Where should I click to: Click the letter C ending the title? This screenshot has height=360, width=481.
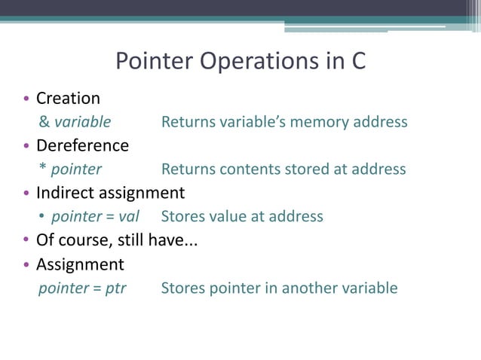358,61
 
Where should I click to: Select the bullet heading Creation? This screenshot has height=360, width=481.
68,99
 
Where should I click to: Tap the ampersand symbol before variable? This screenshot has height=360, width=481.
44,122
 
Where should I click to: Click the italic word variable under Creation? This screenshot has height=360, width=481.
82,122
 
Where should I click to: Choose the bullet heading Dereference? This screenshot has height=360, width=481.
82,145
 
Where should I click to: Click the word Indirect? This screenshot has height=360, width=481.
65,192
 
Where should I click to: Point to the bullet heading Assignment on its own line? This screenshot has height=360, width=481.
80,264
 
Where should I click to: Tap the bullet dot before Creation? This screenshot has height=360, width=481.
26,99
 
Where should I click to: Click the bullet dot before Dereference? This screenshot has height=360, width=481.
26,146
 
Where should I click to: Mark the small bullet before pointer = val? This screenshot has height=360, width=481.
43,218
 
